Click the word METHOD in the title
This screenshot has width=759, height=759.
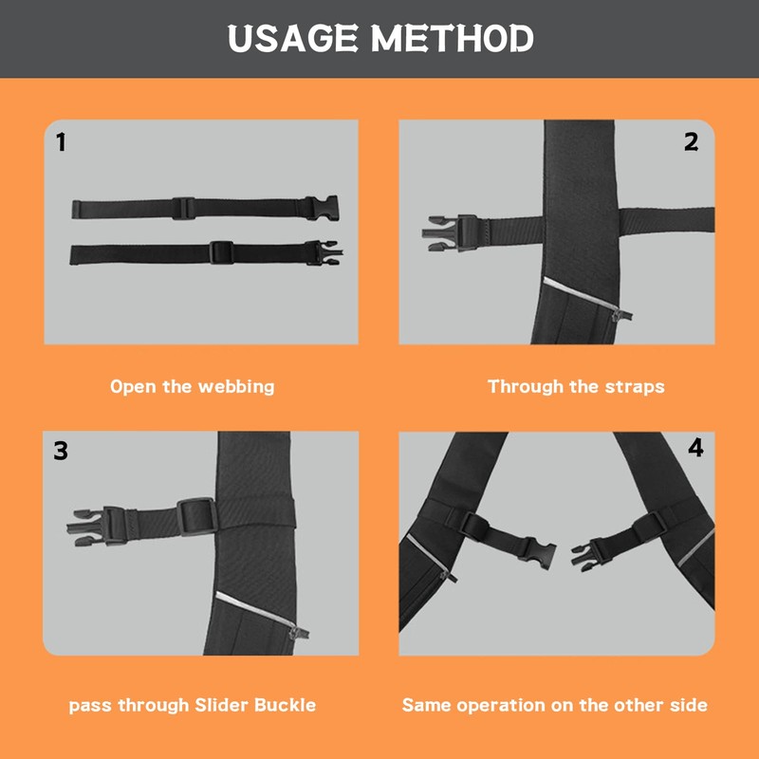pyautogui.click(x=453, y=39)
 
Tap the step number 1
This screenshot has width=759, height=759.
pyautogui.click(x=62, y=143)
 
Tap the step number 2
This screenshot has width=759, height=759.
pyautogui.click(x=691, y=141)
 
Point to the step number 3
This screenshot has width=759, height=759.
pyautogui.click(x=61, y=450)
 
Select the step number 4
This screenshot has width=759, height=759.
pyautogui.click(x=695, y=448)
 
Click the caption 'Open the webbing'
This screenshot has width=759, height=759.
pyautogui.click(x=192, y=386)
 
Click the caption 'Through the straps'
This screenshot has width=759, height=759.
pyautogui.click(x=576, y=386)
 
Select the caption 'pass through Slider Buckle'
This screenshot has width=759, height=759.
pyautogui.click(x=192, y=705)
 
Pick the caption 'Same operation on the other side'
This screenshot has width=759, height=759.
pyautogui.click(x=554, y=705)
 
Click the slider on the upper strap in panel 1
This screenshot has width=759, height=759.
pyautogui.click(x=183, y=209)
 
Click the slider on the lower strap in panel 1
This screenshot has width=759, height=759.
pyautogui.click(x=221, y=252)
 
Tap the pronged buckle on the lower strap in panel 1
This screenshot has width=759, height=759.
pyautogui.click(x=324, y=252)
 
